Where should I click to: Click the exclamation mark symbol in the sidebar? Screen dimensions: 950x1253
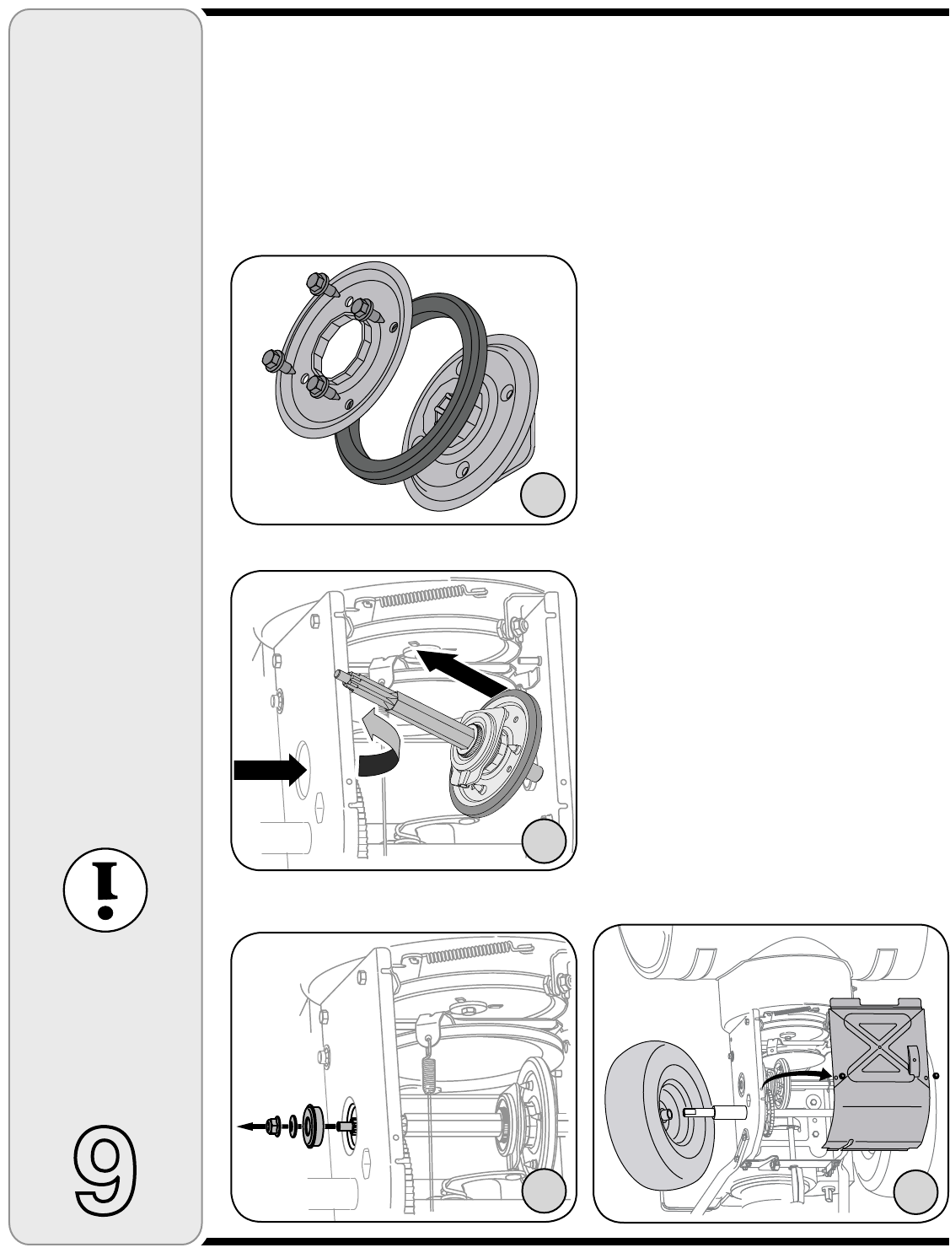(x=105, y=890)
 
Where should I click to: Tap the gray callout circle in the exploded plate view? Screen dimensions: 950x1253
(x=543, y=495)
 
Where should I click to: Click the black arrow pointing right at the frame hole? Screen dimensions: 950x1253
(x=271, y=770)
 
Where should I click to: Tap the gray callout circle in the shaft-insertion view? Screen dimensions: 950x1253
(x=544, y=841)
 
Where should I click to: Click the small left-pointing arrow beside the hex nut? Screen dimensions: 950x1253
(x=250, y=1126)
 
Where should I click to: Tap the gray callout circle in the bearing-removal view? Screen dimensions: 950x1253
(x=544, y=1191)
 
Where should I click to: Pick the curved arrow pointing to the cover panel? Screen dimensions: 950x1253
(x=796, y=1075)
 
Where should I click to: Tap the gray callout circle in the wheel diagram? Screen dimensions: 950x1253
(x=915, y=1191)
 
